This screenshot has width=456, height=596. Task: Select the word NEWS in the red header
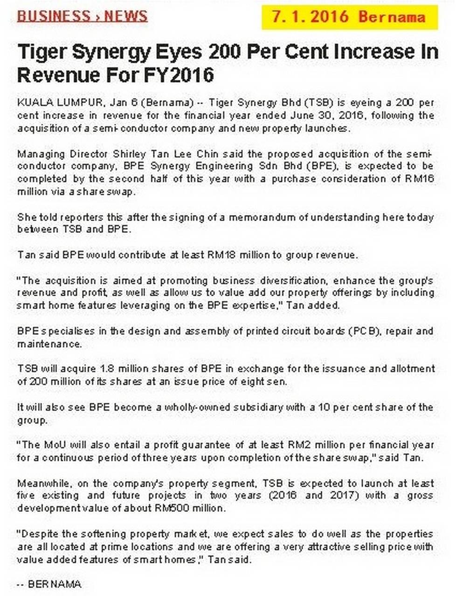tap(126, 16)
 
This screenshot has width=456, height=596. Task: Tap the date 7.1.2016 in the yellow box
tap(310, 17)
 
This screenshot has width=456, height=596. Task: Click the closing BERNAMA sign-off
tap(54, 584)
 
